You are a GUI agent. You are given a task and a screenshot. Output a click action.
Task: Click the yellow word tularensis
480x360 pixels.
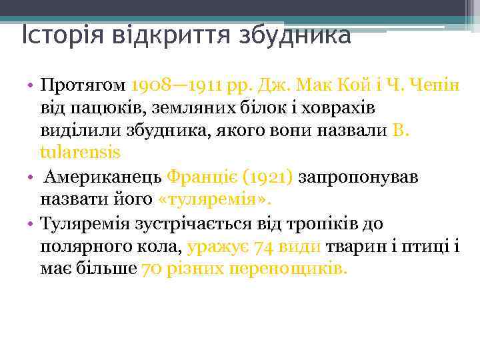coord(80,152)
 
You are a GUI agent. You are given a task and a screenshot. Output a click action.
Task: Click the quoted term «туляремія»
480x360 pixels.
coord(216,199)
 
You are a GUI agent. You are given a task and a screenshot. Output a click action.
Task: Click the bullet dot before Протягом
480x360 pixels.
coord(31,87)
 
